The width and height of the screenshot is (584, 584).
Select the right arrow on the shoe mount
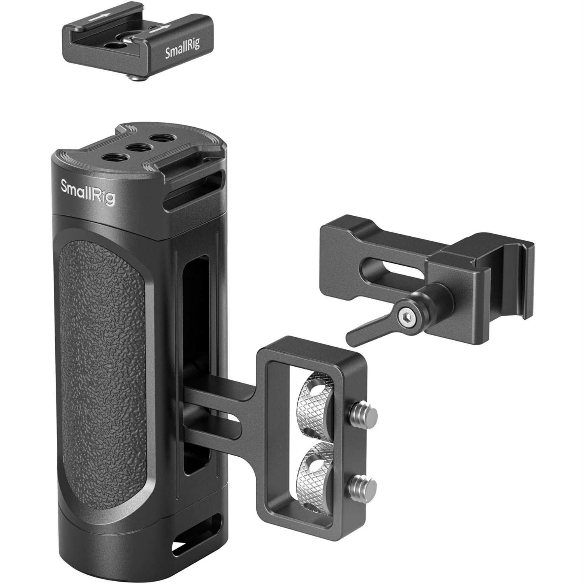click(x=163, y=28)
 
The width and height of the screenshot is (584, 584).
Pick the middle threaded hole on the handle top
click(x=134, y=148)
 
